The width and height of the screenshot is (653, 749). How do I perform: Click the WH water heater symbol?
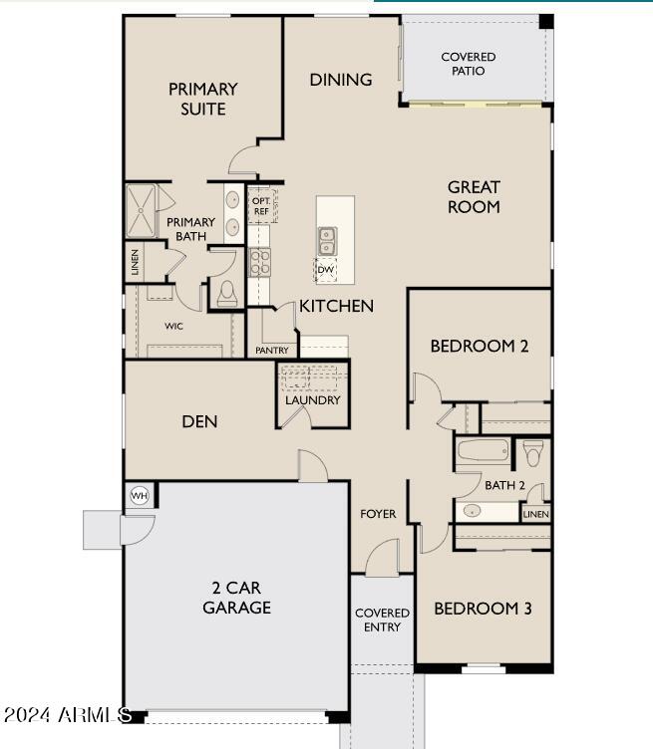tap(139, 496)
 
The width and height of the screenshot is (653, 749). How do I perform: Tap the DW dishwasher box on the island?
tap(325, 269)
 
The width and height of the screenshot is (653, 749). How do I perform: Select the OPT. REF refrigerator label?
tap(261, 205)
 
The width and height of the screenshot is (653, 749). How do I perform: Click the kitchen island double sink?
tap(327, 239)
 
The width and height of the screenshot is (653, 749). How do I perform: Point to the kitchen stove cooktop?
tap(259, 262)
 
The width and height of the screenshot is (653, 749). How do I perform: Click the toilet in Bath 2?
tap(533, 452)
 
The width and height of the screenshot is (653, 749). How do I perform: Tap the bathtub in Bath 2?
tap(484, 453)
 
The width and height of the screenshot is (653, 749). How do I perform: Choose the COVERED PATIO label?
tap(469, 64)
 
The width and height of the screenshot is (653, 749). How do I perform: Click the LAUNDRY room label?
tap(313, 400)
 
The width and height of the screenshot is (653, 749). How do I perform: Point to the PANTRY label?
tap(272, 351)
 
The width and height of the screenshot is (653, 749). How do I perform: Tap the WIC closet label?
tap(173, 326)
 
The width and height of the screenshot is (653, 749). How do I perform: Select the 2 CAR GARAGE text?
tap(236, 598)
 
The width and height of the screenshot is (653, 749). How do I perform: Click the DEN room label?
tap(199, 421)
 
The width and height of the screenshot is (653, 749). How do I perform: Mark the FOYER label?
tap(378, 514)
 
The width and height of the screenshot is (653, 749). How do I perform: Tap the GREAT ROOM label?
tap(474, 196)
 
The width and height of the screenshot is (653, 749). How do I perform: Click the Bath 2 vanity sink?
tap(473, 511)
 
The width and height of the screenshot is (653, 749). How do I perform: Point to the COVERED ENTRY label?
tap(382, 620)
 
